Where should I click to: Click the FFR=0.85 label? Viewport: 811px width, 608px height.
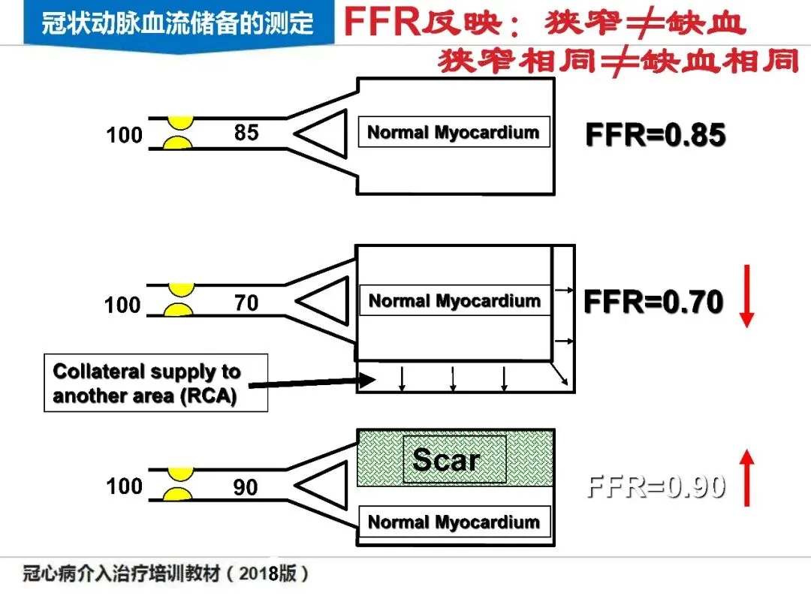[x=655, y=135]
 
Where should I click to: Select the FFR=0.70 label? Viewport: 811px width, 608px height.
[x=653, y=302]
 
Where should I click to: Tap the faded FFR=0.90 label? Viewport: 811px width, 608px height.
[x=656, y=487]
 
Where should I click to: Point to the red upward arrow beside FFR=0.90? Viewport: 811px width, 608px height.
[x=746, y=477]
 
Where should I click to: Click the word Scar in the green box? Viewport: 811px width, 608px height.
[x=445, y=459]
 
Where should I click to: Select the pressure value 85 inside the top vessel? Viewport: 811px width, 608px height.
[x=246, y=133]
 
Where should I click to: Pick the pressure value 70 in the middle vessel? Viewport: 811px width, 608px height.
[x=246, y=302]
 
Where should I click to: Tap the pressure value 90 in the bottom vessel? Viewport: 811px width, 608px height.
[x=245, y=488]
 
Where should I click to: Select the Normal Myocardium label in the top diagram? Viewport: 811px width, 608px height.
[x=454, y=133]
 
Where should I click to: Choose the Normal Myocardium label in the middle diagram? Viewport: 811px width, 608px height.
[x=454, y=301]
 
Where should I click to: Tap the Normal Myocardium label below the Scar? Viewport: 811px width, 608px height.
[x=454, y=522]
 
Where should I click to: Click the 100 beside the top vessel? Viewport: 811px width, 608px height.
[x=124, y=136]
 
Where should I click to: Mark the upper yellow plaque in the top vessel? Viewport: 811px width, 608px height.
[x=180, y=121]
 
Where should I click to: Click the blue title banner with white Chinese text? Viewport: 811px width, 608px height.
[x=177, y=23]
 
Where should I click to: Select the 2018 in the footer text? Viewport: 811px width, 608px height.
[x=260, y=574]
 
